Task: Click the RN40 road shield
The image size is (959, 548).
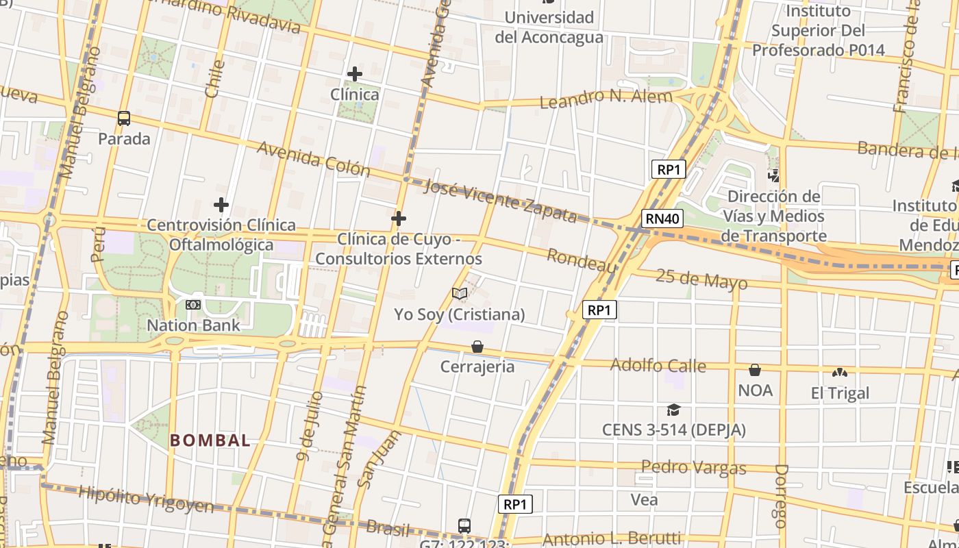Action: pos(662,219)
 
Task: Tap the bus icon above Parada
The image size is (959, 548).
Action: pos(124,119)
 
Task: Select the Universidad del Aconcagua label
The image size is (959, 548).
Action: pos(549,27)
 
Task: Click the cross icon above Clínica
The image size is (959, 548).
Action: pos(354,74)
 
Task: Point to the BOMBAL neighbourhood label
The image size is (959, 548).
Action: pos(210,440)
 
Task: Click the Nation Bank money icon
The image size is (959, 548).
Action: pos(193,305)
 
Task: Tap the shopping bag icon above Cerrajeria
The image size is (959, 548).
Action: pos(477,347)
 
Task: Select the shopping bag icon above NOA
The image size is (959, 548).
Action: pos(755,371)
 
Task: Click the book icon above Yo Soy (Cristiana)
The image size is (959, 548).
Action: pos(460,294)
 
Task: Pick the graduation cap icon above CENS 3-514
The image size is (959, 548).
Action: pos(673,410)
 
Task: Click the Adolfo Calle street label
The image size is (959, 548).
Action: pos(658,365)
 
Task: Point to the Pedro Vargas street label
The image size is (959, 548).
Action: pos(693,467)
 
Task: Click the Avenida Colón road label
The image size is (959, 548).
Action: pos(313,159)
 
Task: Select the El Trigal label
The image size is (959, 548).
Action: pos(840,393)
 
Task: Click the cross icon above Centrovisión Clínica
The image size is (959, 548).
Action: pos(221,205)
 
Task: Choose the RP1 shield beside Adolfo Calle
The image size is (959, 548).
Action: pos(599,310)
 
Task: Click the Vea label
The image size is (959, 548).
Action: pos(644,500)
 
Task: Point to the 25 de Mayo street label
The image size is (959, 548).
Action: pos(701,279)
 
